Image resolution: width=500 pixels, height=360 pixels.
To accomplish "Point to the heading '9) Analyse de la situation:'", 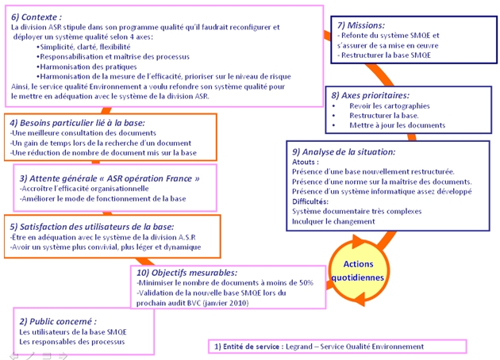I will [x=344, y=151].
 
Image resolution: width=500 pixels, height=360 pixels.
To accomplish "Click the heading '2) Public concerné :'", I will [x=58, y=320].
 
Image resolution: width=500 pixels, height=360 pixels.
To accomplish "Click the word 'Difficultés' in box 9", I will [x=312, y=201].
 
